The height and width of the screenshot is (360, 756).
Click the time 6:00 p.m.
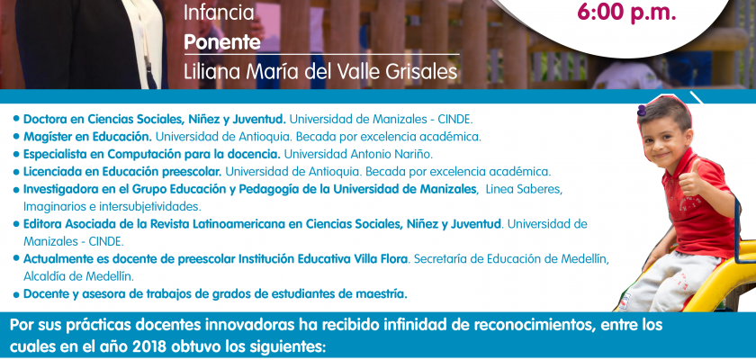626,13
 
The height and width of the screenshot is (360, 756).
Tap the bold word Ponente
222,42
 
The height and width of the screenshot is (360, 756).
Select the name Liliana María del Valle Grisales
320,71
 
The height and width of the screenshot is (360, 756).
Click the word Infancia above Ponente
219,13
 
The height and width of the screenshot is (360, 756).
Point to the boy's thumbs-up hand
691,179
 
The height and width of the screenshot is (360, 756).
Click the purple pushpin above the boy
641,111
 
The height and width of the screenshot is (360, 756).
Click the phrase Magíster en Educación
88,137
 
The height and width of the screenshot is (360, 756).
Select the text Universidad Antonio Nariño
358,154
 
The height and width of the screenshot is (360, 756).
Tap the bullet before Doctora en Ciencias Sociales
17,118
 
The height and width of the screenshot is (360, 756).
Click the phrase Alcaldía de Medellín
78,276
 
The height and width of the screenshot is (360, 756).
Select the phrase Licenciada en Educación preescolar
122,172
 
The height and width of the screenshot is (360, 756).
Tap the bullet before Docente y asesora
17,294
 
